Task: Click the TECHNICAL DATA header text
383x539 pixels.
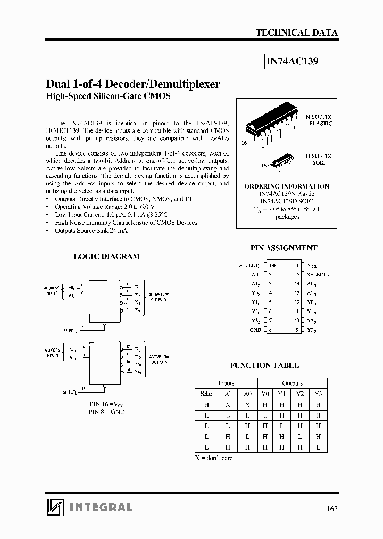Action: click(x=296, y=32)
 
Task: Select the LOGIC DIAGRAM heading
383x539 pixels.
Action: click(x=106, y=256)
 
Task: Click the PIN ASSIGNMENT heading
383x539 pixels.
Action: click(x=284, y=248)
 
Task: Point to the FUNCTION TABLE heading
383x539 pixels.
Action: click(x=264, y=365)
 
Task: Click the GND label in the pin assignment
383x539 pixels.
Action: click(x=255, y=330)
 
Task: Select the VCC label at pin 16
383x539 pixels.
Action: click(x=313, y=265)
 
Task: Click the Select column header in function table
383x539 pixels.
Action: click(x=207, y=394)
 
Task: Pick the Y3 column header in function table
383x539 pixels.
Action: click(x=318, y=394)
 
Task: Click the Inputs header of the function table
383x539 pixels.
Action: click(x=226, y=383)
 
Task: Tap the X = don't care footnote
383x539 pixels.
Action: click(x=213, y=458)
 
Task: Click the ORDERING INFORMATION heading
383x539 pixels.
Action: click(x=287, y=186)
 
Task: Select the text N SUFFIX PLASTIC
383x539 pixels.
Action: click(x=319, y=119)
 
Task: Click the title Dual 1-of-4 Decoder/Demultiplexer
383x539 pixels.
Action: click(x=133, y=84)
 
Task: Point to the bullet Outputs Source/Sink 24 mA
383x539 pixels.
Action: click(x=91, y=230)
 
